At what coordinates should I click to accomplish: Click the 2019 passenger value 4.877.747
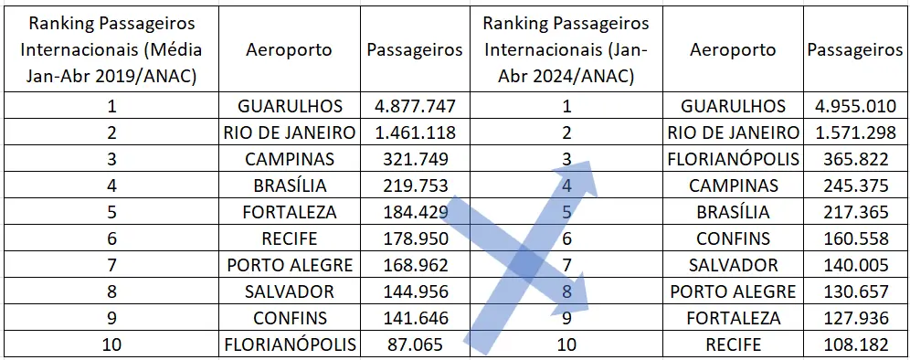point(415,106)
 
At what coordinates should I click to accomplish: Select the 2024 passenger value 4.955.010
point(855,106)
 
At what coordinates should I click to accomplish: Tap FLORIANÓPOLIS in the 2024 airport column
point(733,159)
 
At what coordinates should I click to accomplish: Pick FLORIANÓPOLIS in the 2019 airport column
point(290,345)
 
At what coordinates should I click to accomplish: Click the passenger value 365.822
point(855,159)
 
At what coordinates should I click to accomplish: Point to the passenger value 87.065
point(415,345)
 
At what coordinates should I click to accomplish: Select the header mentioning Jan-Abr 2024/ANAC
point(566,49)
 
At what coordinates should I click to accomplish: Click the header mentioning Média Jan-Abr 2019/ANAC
point(111,49)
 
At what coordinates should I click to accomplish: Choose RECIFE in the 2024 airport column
point(733,345)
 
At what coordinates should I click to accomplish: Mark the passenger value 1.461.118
point(415,132)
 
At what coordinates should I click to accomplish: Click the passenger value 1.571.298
point(855,132)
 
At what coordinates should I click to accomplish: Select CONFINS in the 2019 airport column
point(290,319)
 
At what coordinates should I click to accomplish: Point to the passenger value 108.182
point(855,345)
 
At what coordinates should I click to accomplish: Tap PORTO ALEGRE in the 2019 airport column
point(290,266)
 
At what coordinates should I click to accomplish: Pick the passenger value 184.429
point(415,212)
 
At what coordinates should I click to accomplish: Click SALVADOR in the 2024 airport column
point(733,266)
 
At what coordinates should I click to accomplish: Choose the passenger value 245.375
point(855,185)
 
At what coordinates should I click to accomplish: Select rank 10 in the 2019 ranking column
point(111,345)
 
